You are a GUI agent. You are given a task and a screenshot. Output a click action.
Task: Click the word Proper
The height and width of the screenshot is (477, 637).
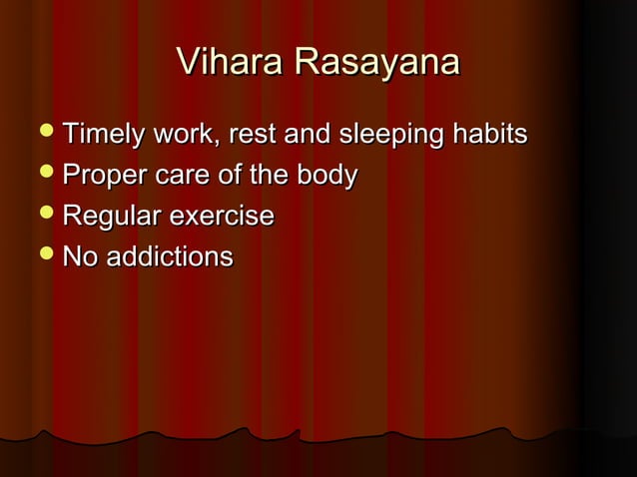coord(104,176)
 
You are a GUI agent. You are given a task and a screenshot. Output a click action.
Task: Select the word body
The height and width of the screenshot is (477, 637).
coord(328,176)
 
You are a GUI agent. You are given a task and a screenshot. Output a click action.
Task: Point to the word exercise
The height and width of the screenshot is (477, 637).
coord(222,217)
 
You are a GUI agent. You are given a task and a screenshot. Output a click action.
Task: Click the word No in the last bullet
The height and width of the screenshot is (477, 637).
coord(78,257)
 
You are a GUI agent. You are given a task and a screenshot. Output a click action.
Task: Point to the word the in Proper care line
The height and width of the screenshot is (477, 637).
coord(268,176)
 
